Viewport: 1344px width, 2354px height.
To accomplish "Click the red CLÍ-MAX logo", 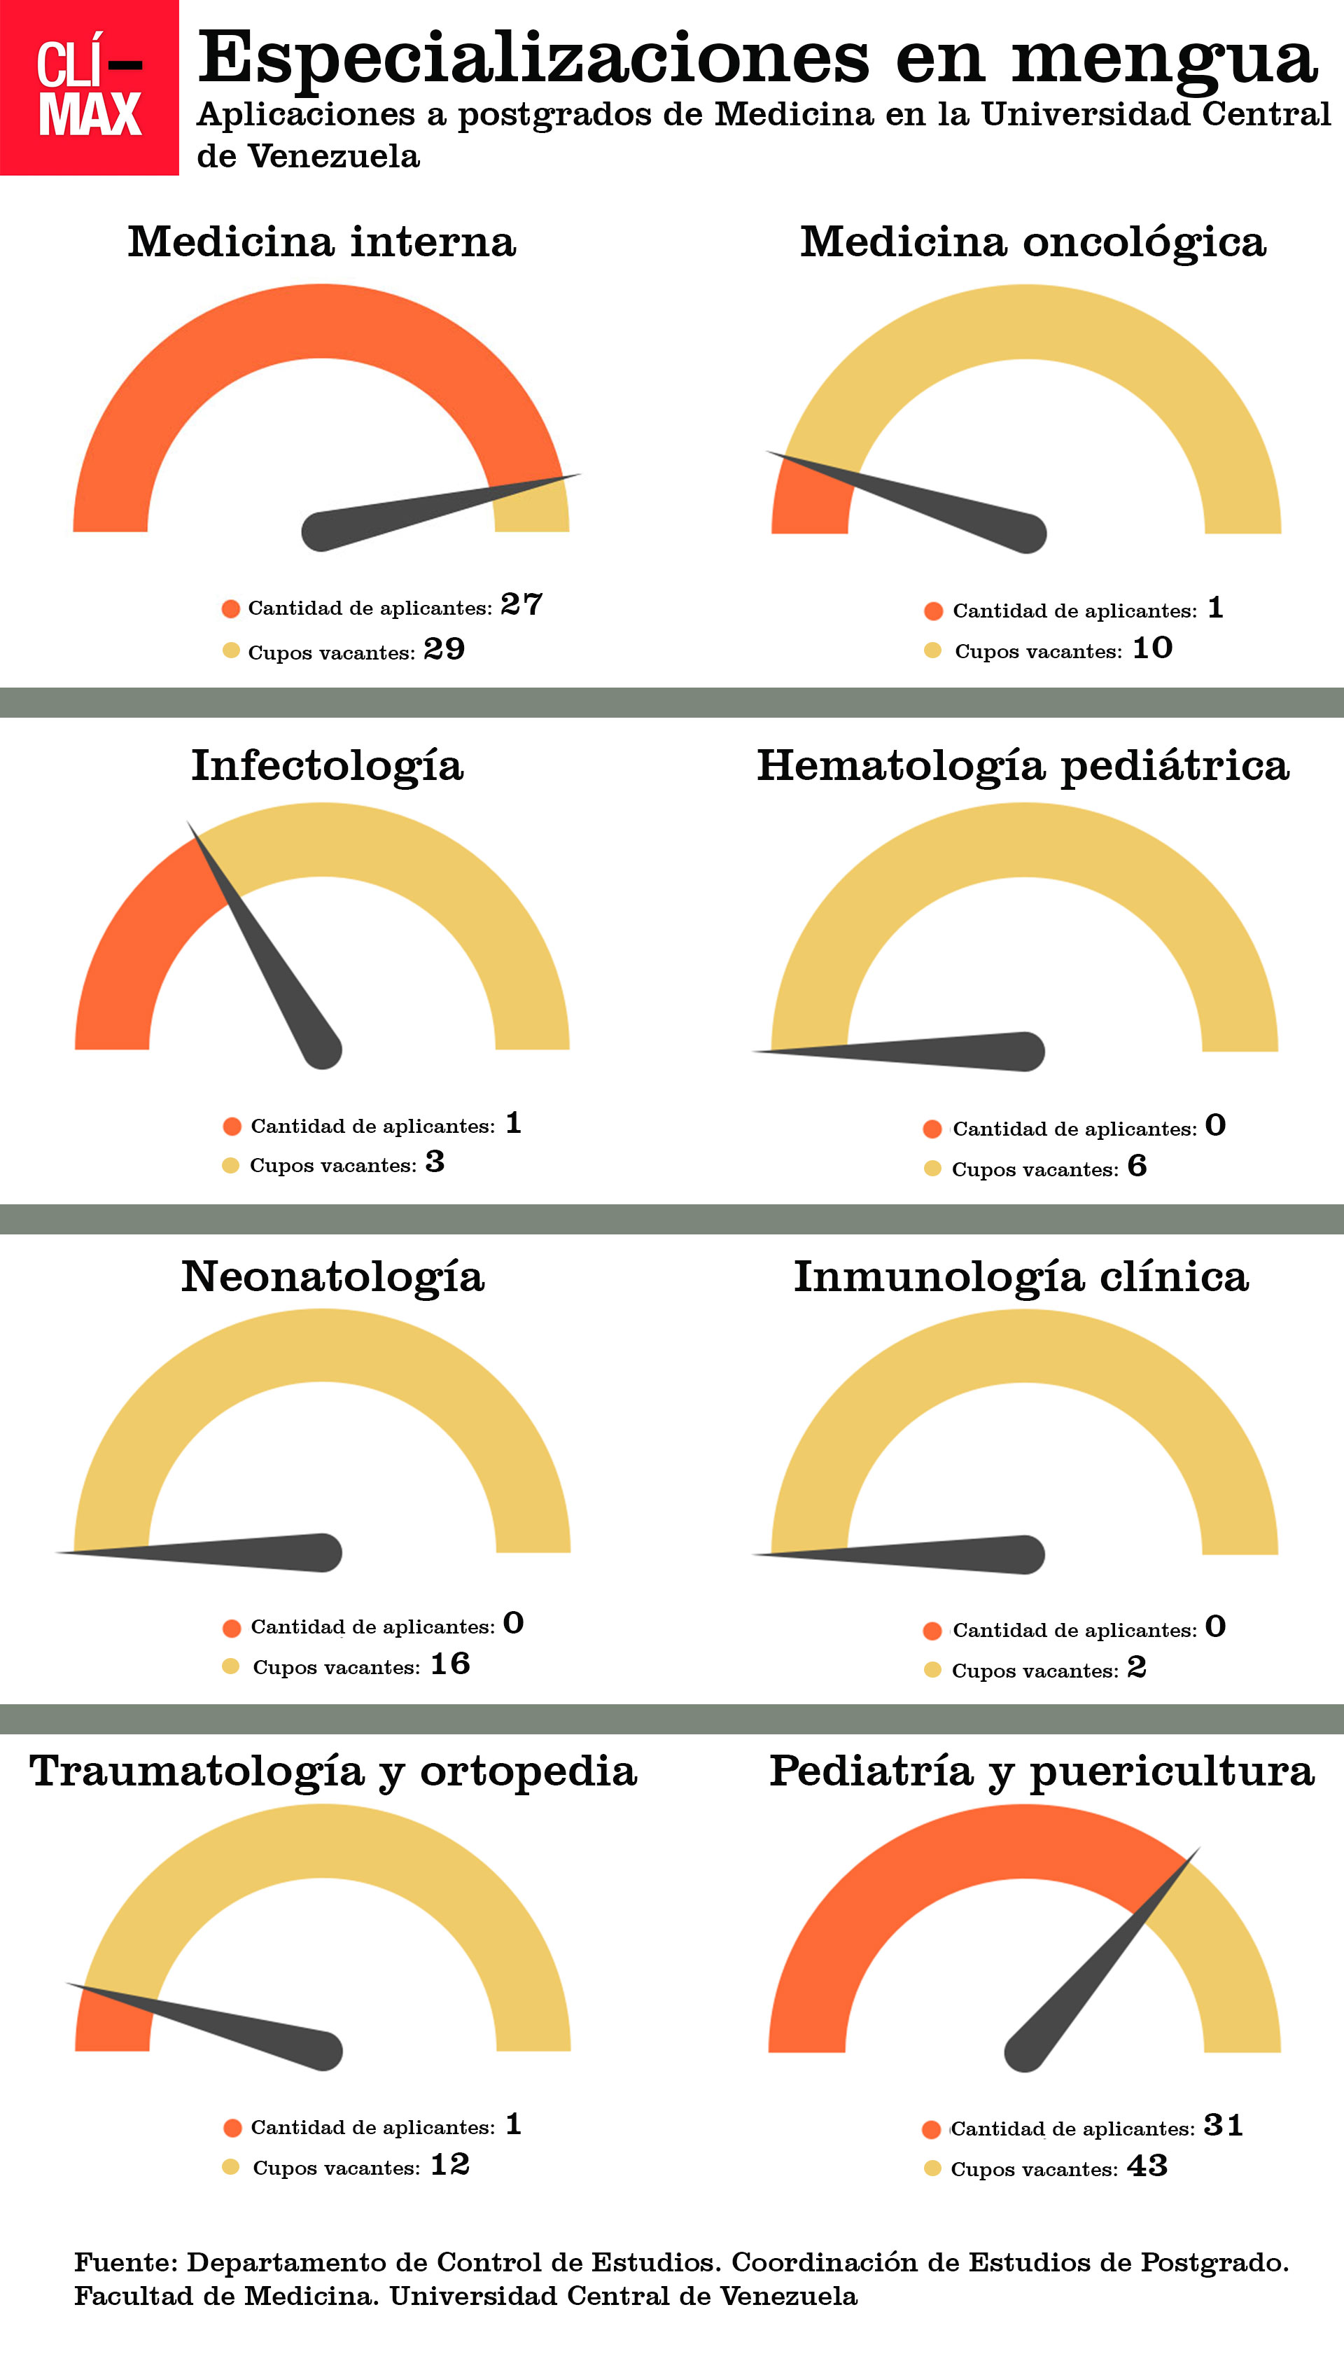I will point(89,88).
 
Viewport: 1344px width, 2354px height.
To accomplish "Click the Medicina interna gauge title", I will point(321,242).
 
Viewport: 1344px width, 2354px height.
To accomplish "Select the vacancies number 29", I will point(444,649).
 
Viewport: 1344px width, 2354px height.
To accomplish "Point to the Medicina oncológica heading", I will point(1032,242).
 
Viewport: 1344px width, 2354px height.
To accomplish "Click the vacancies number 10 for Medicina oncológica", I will point(1152,648).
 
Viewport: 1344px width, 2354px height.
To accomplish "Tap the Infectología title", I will point(327,765).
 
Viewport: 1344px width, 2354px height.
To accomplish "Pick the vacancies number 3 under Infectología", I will point(435,1162).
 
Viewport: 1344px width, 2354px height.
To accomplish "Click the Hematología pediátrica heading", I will point(1023,765).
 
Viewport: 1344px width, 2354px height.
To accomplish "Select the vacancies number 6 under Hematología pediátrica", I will point(1137,1166).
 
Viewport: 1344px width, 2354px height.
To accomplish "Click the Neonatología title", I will point(332,1276).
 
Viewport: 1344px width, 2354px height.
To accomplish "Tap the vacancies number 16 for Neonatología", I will point(451,1664).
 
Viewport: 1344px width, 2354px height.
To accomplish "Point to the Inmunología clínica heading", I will point(1021,1276).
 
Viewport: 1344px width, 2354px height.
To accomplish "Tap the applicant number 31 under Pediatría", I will point(1223,2125).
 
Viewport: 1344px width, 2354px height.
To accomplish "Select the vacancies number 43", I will point(1147,2166).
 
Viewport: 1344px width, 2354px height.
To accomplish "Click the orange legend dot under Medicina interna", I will point(231,608).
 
